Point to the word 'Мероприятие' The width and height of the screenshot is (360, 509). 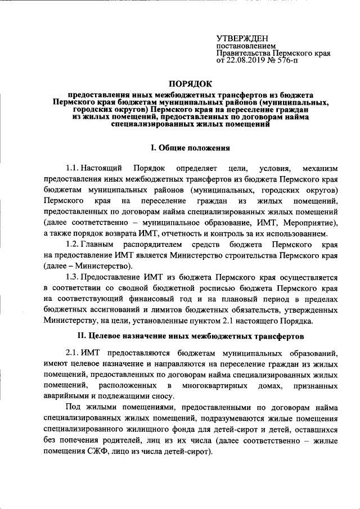tap(310, 223)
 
